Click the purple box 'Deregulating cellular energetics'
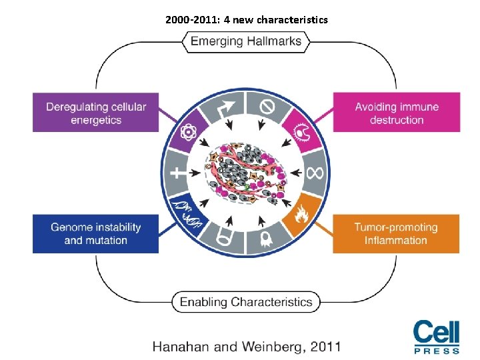click(96, 113)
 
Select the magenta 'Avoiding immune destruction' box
click(397, 113)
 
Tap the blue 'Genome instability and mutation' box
click(96, 233)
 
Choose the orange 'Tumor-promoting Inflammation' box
click(397, 233)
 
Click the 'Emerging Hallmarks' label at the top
click(246, 41)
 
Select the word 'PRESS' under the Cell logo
click(437, 351)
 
